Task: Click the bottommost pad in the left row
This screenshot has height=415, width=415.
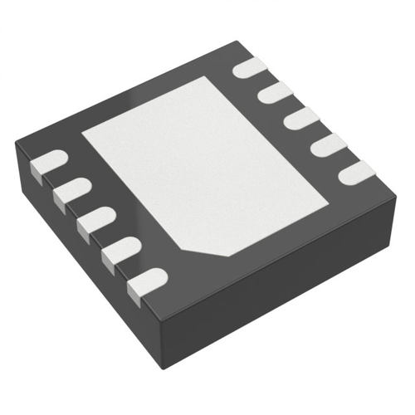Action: pos(146,283)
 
